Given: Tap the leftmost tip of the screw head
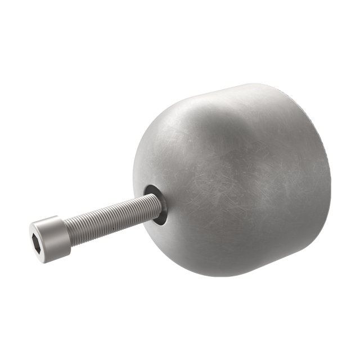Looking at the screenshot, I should click(x=30, y=233).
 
